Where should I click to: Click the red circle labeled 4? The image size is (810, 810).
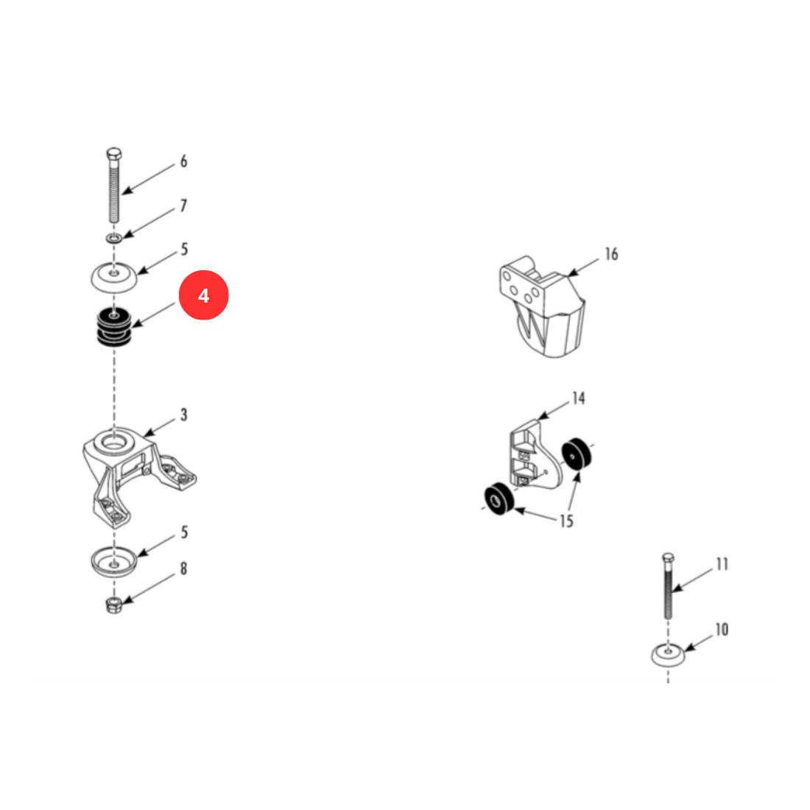coord(203,295)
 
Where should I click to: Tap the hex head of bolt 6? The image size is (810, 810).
coord(114,153)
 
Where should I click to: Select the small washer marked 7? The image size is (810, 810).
coord(114,238)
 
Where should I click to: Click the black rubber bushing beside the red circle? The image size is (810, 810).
coord(114,326)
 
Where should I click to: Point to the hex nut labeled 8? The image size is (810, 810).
coord(113,605)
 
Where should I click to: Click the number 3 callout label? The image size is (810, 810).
coord(184,415)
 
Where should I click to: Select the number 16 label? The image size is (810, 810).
coord(612,254)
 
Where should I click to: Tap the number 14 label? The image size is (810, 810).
coord(579,398)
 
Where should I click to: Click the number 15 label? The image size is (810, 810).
coord(567,521)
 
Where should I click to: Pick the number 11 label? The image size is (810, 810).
coord(722,564)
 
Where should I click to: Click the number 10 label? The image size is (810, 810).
coord(722,629)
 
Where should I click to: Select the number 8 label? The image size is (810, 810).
coord(183,568)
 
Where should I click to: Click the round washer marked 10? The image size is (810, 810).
coord(668,655)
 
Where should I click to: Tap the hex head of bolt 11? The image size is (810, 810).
coord(668,558)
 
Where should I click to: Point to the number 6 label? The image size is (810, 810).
coord(183,162)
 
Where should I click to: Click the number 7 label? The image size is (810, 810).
coord(183,205)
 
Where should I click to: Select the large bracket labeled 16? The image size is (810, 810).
coord(542,306)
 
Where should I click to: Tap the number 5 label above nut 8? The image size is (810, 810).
coord(184,532)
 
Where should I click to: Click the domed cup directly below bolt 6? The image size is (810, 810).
coord(114,278)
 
